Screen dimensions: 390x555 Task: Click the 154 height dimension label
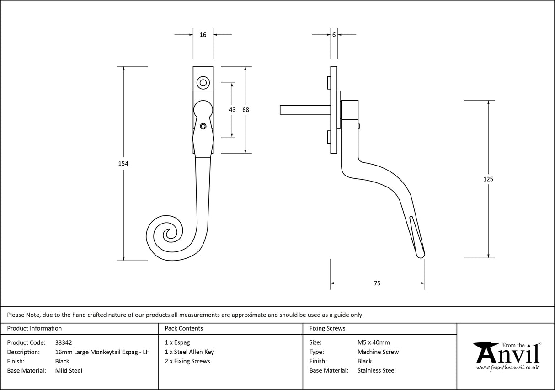123,164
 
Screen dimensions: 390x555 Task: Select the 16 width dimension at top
203,35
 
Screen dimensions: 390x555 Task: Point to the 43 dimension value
232,110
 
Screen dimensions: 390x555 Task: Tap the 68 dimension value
245,110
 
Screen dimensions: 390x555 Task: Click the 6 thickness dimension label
334,35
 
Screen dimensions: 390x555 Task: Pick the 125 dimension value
488,179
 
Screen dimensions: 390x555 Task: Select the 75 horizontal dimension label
377,283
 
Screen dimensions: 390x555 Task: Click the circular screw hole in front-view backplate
203,83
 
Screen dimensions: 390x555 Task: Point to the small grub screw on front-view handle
203,126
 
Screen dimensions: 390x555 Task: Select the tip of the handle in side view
422,254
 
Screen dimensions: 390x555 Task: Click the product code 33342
63,342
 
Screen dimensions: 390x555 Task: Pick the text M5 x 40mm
374,342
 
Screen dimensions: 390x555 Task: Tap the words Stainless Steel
376,371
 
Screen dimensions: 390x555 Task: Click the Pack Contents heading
184,328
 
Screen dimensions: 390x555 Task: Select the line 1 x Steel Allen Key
189,352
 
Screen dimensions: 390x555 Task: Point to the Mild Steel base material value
69,371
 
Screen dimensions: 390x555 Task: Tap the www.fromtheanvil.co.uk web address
507,368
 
